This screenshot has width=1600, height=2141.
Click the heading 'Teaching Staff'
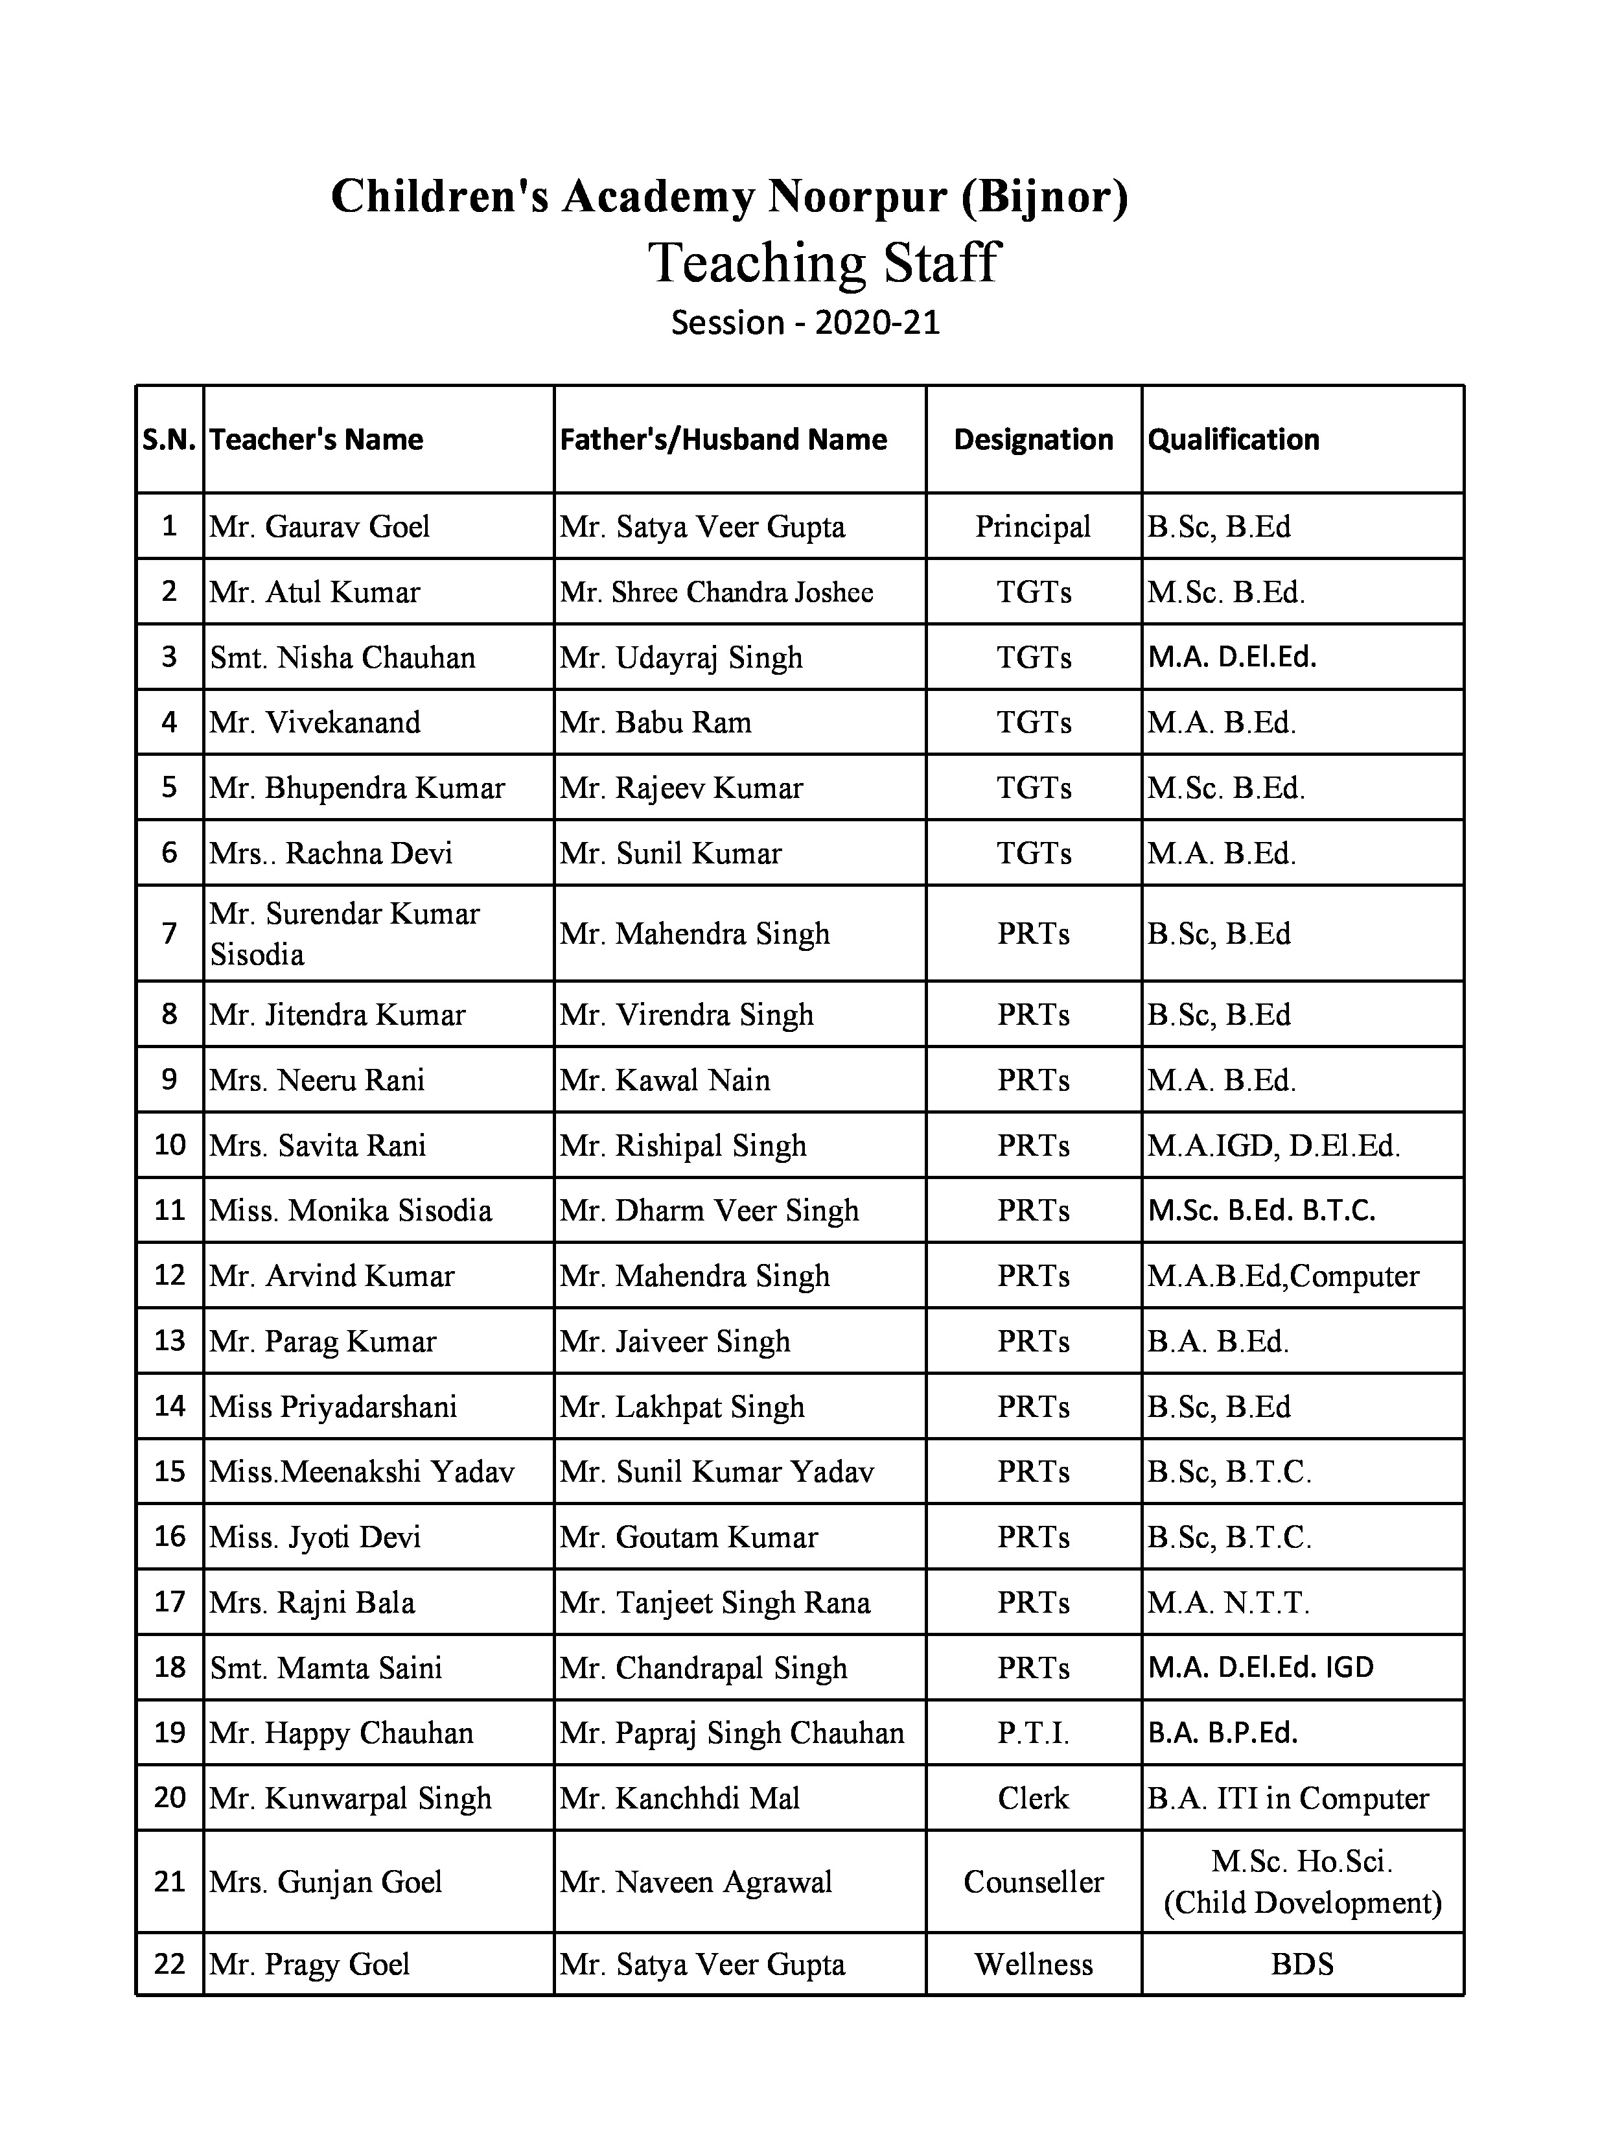pos(823,263)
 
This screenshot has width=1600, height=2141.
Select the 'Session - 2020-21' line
pos(806,322)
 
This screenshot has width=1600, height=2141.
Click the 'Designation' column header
pos(1033,439)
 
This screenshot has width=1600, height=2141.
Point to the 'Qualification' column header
pos(1233,439)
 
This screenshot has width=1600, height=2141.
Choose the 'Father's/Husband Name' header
pos(723,439)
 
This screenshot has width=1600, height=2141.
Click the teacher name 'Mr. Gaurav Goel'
pos(319,526)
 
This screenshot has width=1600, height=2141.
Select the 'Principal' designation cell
pos(1033,526)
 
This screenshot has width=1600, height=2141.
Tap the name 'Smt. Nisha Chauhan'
pos(343,657)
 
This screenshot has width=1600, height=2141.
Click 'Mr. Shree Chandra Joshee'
pos(716,592)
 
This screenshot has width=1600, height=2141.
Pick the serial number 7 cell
pos(169,933)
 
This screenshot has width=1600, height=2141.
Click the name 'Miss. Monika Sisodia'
pos(351,1210)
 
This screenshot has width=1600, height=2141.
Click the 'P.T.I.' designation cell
pos(1033,1733)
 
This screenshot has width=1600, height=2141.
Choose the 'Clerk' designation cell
pos(1033,1797)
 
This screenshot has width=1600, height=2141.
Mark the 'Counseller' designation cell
pos(1033,1882)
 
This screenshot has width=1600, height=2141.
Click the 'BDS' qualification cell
pos(1302,1964)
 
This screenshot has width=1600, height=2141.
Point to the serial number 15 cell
pos(169,1471)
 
